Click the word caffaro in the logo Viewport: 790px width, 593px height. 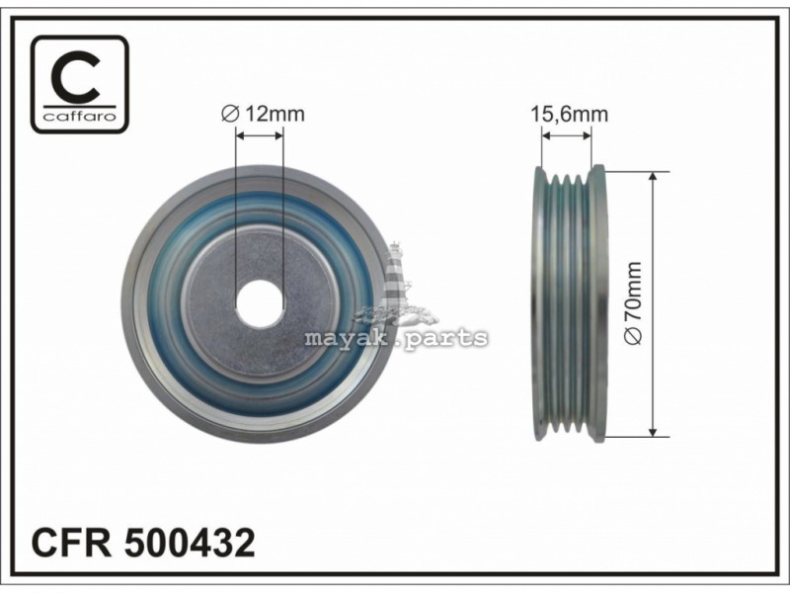click(80, 117)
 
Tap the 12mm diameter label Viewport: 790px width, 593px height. click(263, 114)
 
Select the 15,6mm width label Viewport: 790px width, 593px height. click(570, 115)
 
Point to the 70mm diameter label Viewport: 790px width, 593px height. click(633, 303)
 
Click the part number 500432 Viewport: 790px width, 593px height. click(190, 543)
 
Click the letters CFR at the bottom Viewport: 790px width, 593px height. click(71, 543)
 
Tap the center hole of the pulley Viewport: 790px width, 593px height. click(260, 304)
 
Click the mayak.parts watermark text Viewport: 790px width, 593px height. click(396, 337)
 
